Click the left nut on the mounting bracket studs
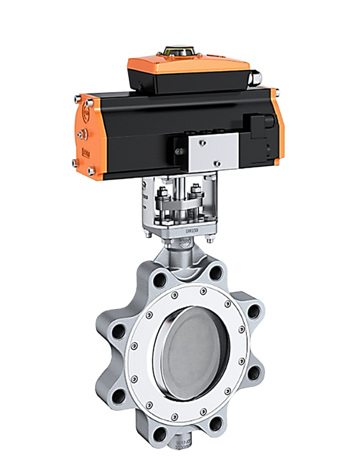(x=164, y=192)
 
